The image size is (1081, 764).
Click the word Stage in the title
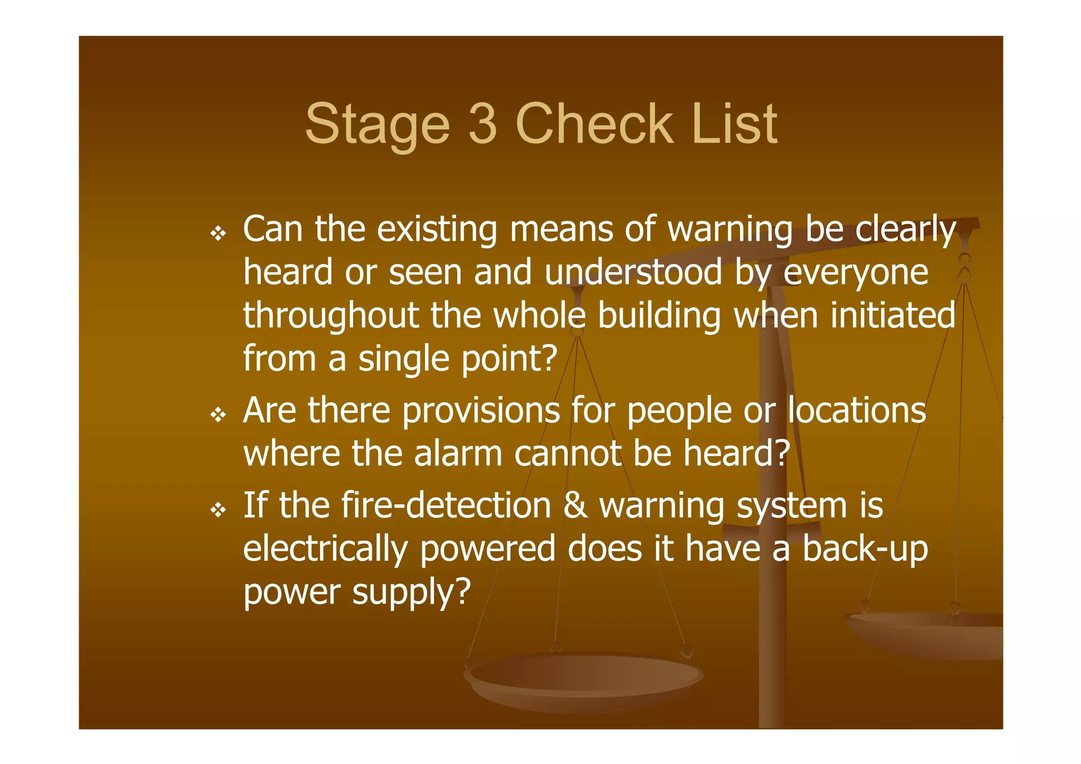(x=377, y=125)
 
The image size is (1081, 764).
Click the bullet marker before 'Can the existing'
(x=218, y=233)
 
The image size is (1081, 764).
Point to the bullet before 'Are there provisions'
(x=218, y=415)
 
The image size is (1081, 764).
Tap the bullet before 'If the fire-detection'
(x=218, y=510)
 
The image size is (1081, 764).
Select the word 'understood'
(x=633, y=272)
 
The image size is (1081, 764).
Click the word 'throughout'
(x=331, y=316)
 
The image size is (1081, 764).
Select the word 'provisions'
(x=480, y=411)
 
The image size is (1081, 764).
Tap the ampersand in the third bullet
(x=575, y=506)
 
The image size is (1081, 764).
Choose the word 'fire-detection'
(x=446, y=505)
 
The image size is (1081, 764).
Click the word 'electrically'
(x=325, y=549)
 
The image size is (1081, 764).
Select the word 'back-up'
(x=865, y=549)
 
